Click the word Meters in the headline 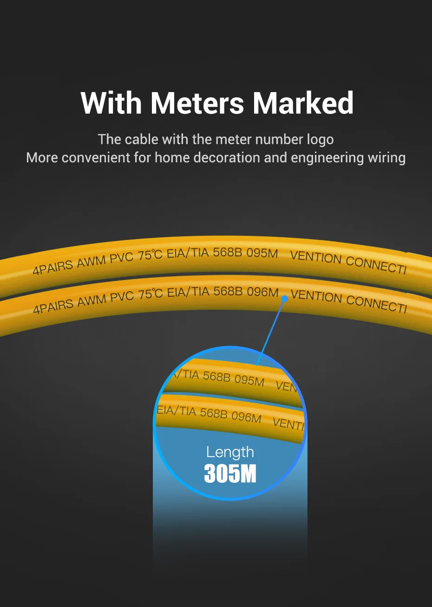pyautogui.click(x=197, y=103)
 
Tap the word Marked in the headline pyautogui.click(x=303, y=103)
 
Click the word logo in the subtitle pyautogui.click(x=320, y=140)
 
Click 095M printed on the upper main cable pyautogui.click(x=262, y=253)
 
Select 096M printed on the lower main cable pyautogui.click(x=262, y=292)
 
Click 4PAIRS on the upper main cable pyautogui.click(x=52, y=267)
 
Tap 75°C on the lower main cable pyautogui.click(x=151, y=294)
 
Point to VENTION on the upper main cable pyautogui.click(x=315, y=257)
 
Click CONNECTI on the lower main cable pyautogui.click(x=376, y=304)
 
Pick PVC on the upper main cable pyautogui.click(x=122, y=257)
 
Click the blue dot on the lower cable pyautogui.click(x=285, y=299)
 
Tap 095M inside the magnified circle pyautogui.click(x=249, y=380)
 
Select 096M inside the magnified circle pyautogui.click(x=246, y=416)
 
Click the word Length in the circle pyautogui.click(x=230, y=452)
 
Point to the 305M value pyautogui.click(x=230, y=474)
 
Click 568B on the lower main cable pyautogui.click(x=228, y=291)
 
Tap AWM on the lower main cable pyautogui.click(x=92, y=301)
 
